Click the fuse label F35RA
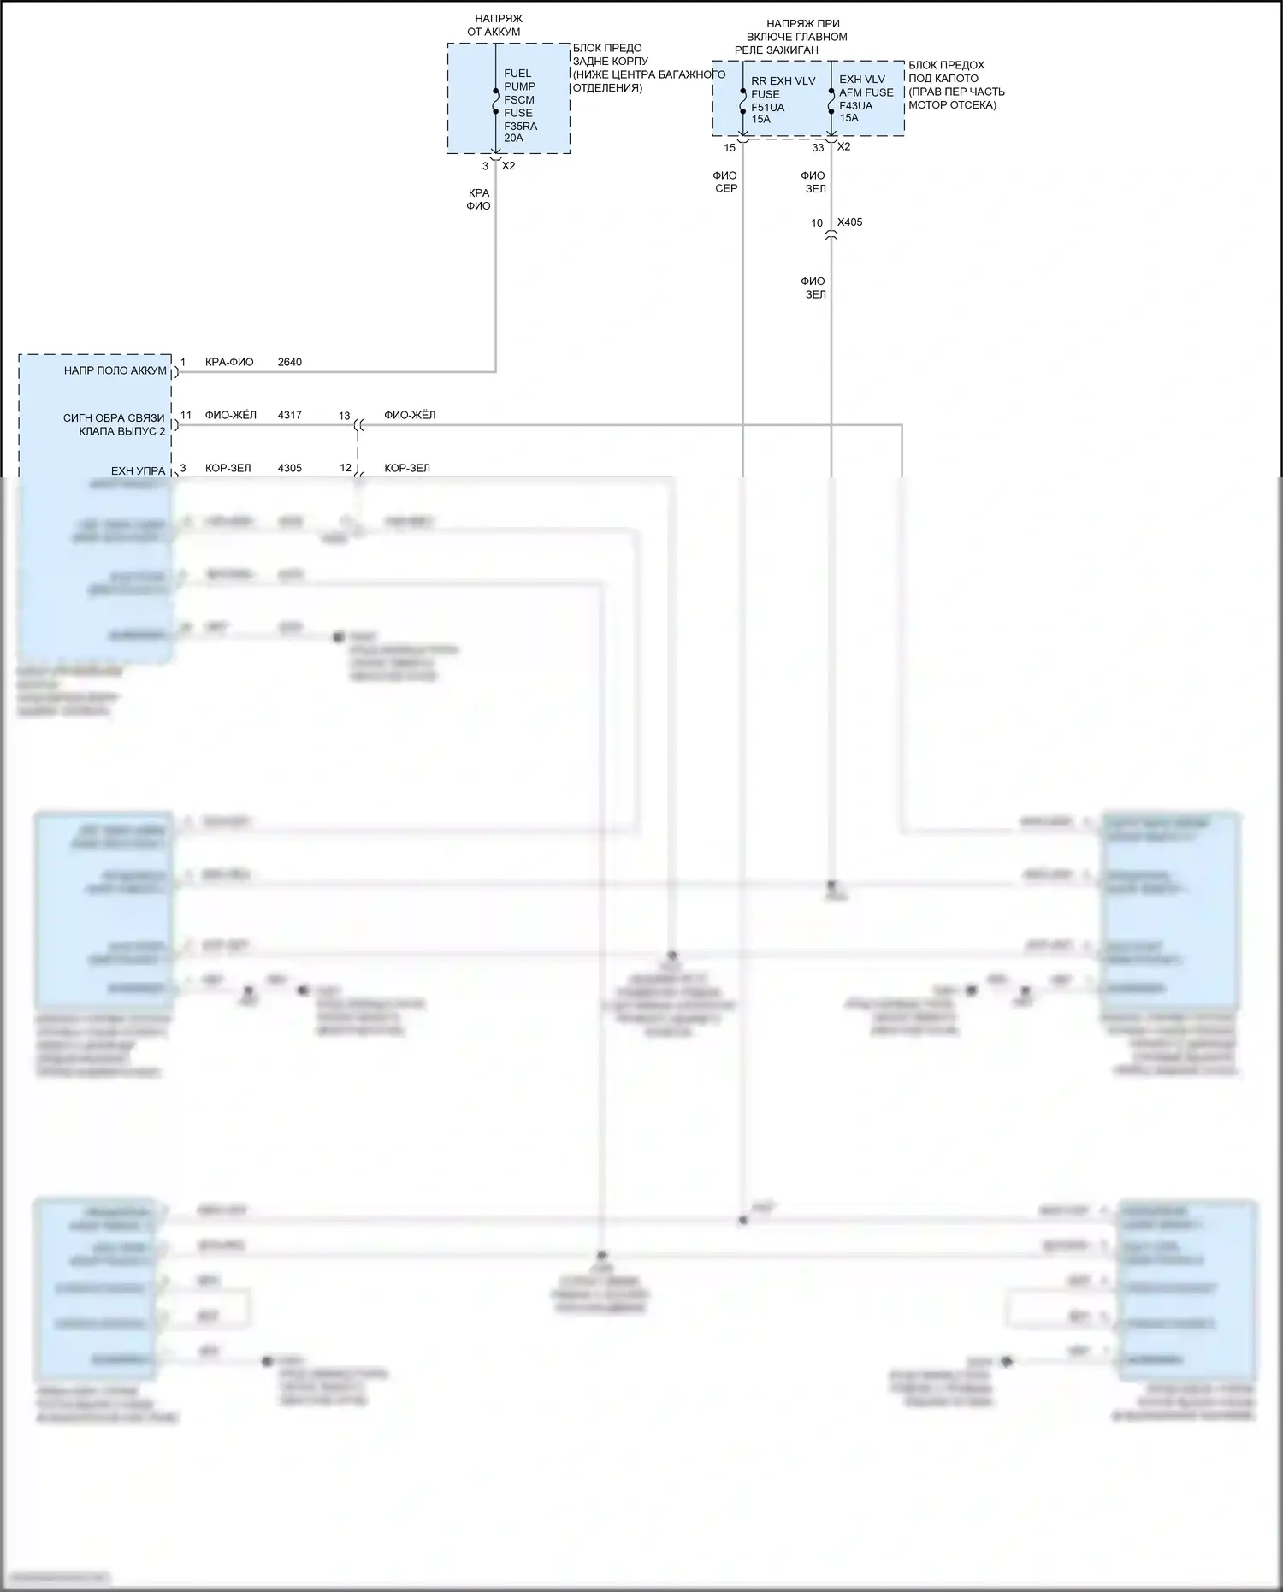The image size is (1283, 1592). [520, 127]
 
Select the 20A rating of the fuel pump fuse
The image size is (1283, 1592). [513, 139]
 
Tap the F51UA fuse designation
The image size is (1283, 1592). [767, 108]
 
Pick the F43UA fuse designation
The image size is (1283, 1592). [855, 106]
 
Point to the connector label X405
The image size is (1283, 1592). [849, 222]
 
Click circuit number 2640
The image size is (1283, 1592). [289, 363]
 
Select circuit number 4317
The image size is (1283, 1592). [289, 416]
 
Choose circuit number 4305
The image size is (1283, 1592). [289, 469]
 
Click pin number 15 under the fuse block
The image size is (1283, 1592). [730, 148]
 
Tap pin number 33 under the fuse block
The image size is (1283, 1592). [818, 148]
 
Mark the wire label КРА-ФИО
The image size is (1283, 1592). [229, 363]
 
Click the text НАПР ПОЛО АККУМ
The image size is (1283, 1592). [115, 371]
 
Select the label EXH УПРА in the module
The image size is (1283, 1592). [138, 471]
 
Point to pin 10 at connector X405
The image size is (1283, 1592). [817, 223]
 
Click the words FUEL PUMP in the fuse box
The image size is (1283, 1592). [519, 80]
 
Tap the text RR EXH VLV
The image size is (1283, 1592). [783, 81]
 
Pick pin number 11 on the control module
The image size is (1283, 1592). [186, 416]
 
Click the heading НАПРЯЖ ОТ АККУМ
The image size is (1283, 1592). [496, 25]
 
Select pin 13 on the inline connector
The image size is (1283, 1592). [344, 417]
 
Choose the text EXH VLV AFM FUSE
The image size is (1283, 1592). [866, 86]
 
